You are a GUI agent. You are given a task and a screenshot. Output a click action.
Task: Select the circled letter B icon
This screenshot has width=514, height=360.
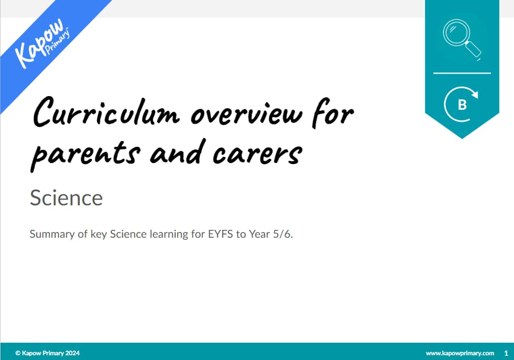click(x=462, y=104)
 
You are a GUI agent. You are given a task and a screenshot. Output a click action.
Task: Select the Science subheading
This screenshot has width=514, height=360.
click(x=66, y=199)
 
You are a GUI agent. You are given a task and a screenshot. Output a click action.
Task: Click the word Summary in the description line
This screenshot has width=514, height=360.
click(x=52, y=234)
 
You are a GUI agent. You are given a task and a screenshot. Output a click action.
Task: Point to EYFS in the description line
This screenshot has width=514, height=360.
click(x=223, y=234)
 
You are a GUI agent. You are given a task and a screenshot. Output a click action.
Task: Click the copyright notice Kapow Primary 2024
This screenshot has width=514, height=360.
click(x=48, y=353)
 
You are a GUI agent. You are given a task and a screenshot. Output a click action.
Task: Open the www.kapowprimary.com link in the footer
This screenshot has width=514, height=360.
click(x=460, y=353)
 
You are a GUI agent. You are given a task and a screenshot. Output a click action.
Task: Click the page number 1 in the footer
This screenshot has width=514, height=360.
click(x=506, y=353)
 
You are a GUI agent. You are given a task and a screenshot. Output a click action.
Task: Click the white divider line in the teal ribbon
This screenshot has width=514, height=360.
click(x=462, y=73)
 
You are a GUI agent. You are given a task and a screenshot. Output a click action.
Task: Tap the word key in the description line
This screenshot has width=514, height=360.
click(x=97, y=234)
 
